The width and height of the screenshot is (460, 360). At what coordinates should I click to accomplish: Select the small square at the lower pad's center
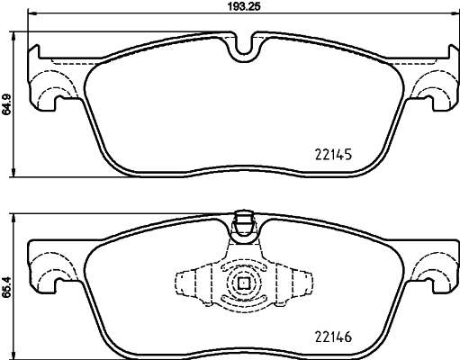[x=243, y=283]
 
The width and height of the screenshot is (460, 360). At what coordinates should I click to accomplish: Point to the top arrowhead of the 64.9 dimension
[x=17, y=38]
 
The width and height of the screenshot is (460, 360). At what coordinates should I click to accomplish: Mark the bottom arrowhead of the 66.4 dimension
[x=17, y=354]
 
